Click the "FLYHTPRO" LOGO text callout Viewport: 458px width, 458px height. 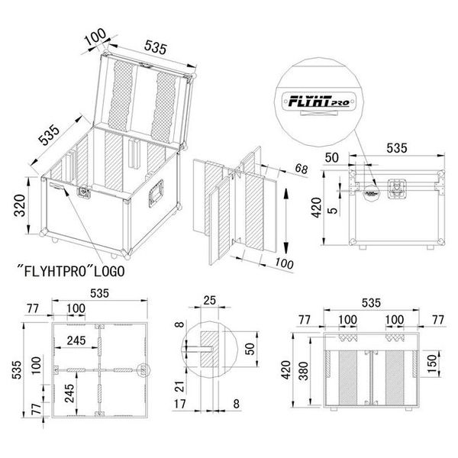(x=73, y=270)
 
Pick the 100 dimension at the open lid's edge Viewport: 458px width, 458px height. (x=95, y=37)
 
